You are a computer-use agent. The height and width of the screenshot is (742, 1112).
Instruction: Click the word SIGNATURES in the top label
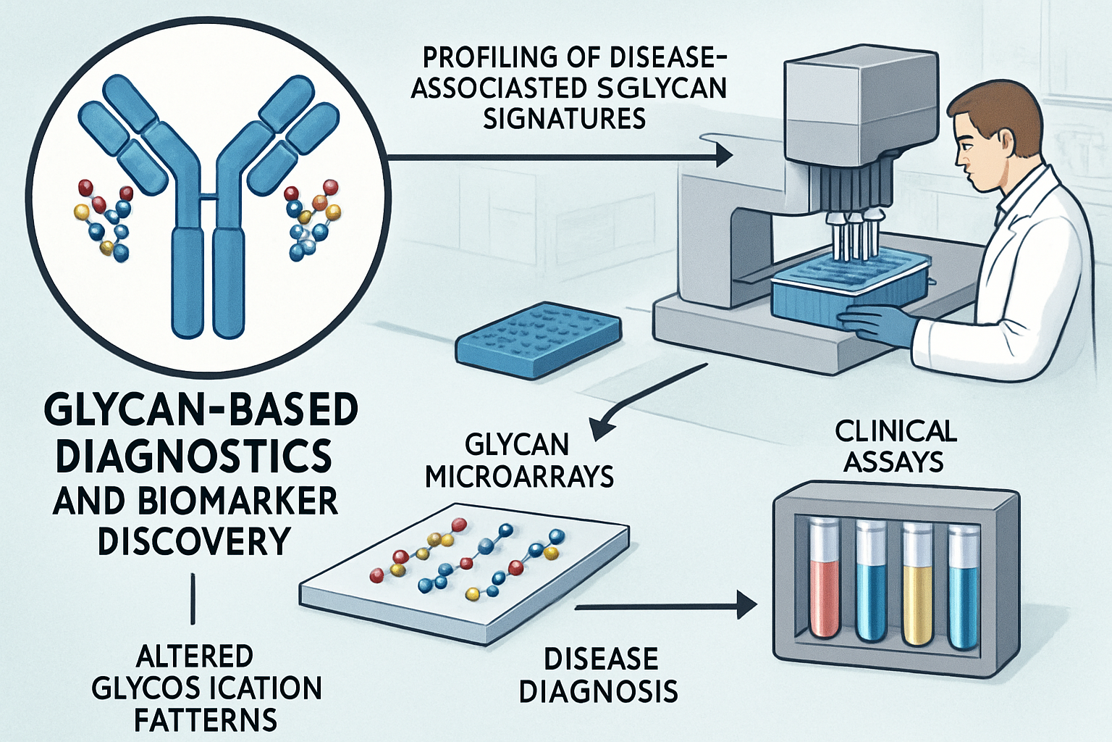click(564, 117)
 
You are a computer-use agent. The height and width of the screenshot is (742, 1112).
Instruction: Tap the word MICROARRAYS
click(519, 477)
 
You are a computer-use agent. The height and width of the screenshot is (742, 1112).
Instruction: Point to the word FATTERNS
click(206, 720)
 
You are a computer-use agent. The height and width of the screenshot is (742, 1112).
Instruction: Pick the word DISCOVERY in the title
click(194, 541)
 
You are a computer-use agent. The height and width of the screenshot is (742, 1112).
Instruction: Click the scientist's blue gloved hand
click(876, 323)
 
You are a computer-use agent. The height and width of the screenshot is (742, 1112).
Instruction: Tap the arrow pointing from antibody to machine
click(557, 156)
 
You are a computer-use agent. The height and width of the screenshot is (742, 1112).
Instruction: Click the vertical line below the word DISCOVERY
click(193, 598)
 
